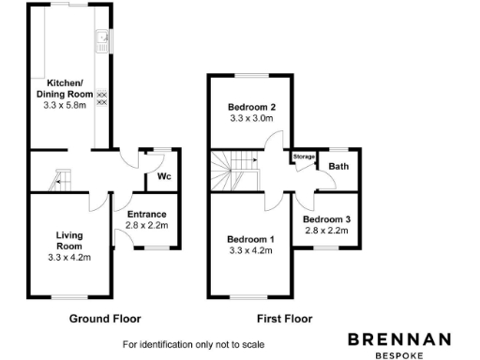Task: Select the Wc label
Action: click(163, 177)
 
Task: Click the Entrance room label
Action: click(145, 215)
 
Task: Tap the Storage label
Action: click(304, 157)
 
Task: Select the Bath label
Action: click(338, 167)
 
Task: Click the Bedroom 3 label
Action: click(326, 219)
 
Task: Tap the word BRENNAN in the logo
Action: click(398, 339)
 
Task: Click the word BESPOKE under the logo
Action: click(398, 355)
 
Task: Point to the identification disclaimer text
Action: click(187, 344)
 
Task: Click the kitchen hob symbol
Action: click(101, 97)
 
